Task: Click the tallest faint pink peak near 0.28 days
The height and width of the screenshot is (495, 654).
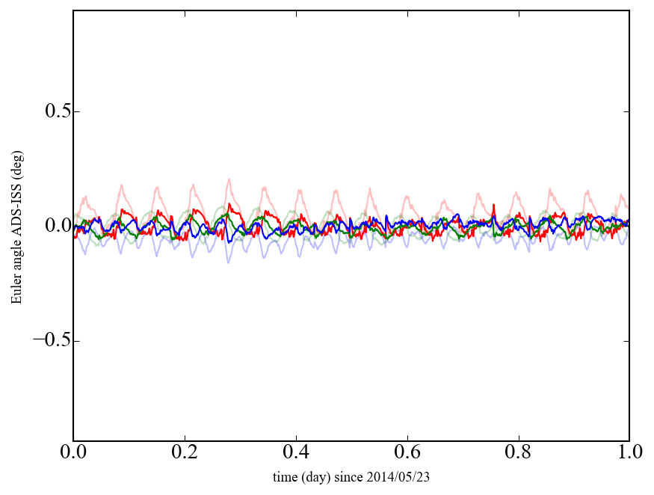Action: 229,179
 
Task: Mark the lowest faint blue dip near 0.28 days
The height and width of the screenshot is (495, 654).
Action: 229,262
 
